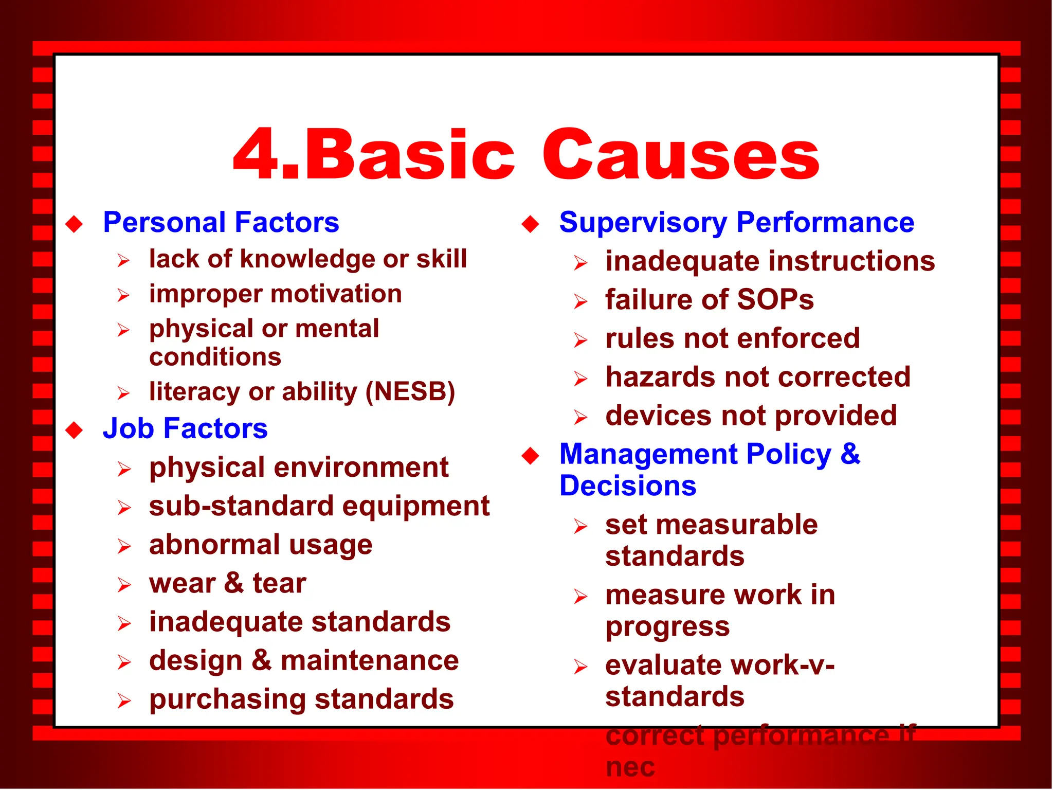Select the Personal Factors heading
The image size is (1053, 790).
pos(221,222)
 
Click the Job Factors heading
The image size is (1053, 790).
pos(185,428)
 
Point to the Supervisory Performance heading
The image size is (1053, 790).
pos(736,222)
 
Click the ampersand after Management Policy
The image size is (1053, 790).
pos(850,454)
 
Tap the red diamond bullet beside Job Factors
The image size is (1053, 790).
pos(75,430)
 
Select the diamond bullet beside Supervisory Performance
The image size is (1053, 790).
pos(530,224)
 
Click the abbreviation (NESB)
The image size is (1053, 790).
pos(410,392)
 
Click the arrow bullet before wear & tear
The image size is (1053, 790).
pos(124,585)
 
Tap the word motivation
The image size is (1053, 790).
pos(336,294)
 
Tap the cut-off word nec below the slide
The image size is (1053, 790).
pos(630,767)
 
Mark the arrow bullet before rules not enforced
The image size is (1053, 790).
pos(580,340)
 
